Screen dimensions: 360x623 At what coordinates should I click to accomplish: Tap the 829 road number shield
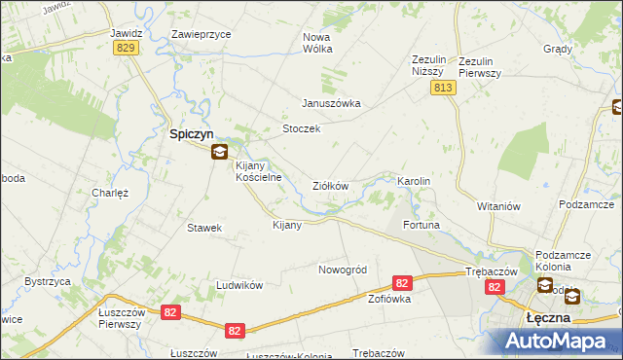125,48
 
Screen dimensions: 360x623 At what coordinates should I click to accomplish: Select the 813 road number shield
443,89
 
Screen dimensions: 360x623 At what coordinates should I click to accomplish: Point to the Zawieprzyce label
201,33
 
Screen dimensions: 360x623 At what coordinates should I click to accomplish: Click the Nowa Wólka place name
317,43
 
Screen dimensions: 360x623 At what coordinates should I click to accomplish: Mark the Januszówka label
331,103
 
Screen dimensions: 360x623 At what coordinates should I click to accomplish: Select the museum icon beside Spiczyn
221,151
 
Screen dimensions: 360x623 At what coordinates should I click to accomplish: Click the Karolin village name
414,182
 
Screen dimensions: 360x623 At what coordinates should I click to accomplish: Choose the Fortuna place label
421,225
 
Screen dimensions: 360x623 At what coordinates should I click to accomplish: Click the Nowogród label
342,269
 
